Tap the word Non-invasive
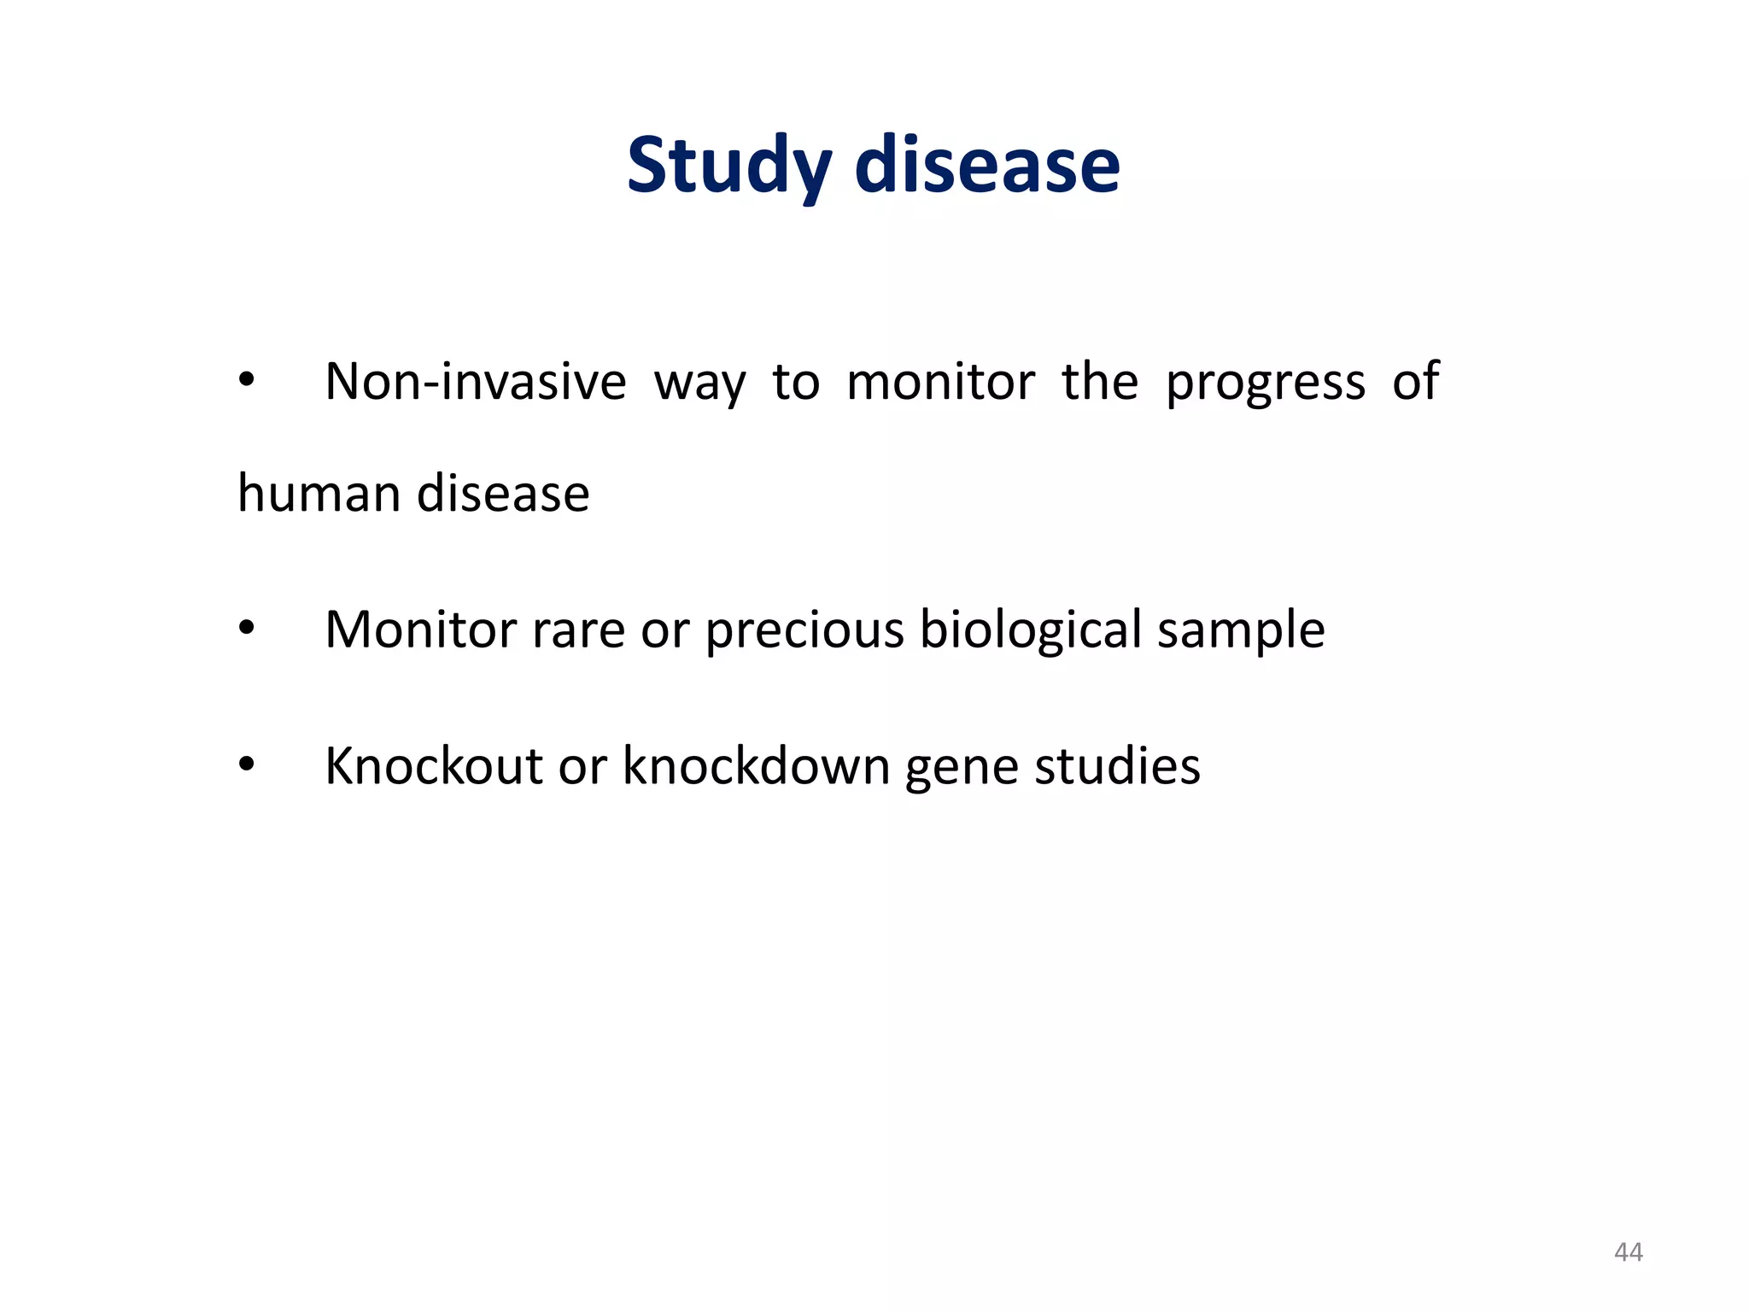476,382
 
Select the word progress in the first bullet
1265,382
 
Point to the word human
319,494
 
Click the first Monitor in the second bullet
420,630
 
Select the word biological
1031,630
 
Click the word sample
1241,630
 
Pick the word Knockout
434,765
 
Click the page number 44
1628,1252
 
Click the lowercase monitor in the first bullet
940,382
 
